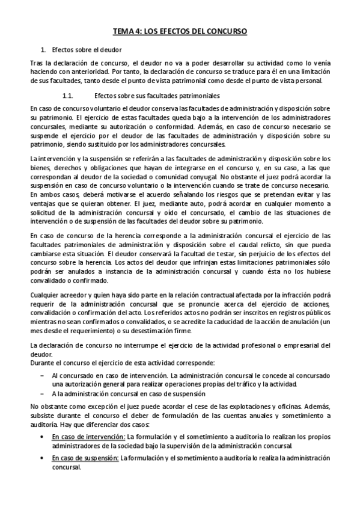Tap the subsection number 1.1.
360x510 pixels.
[x=67, y=96]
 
